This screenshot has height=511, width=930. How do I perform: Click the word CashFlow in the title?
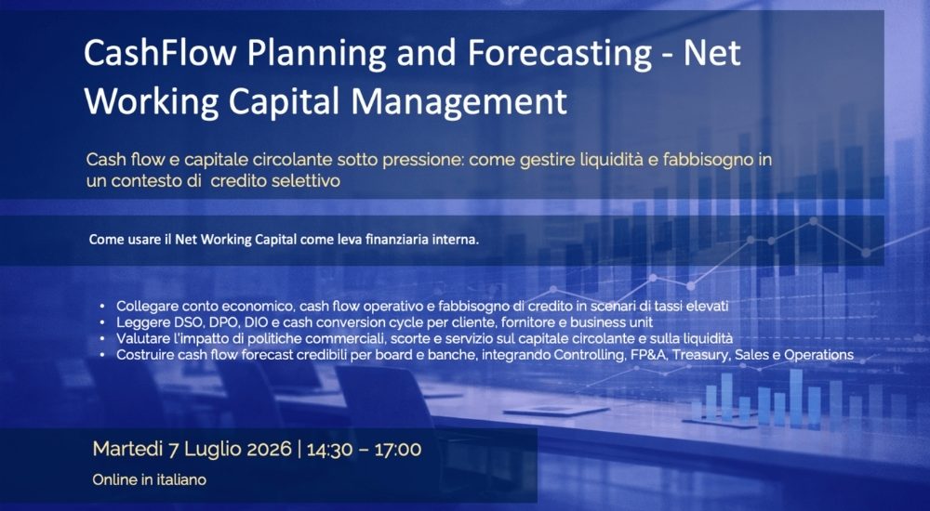(x=160, y=52)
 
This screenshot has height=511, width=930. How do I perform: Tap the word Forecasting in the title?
(x=559, y=54)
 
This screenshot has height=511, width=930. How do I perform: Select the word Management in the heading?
(x=459, y=102)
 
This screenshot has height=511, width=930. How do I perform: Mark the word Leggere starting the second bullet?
(x=141, y=323)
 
